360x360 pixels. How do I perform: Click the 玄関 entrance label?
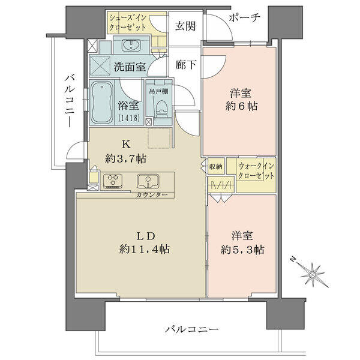click(x=185, y=26)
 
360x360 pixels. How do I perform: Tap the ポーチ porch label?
click(x=245, y=17)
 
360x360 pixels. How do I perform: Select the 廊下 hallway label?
click(x=185, y=65)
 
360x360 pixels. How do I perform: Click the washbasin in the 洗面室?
click(x=131, y=45)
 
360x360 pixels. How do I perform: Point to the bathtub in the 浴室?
click(x=102, y=103)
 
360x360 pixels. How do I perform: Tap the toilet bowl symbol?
click(x=161, y=109)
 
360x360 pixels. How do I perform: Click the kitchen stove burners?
click(x=113, y=181)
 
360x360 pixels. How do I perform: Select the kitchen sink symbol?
click(x=148, y=181)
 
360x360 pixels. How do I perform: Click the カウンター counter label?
click(x=152, y=195)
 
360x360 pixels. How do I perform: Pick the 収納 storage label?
click(x=215, y=166)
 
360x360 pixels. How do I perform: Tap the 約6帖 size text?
click(x=241, y=106)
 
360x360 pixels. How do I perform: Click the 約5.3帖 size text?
click(x=242, y=250)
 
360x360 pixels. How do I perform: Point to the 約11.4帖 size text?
click(x=145, y=249)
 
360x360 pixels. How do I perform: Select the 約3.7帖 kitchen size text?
click(x=125, y=158)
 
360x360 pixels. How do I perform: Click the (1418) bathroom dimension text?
click(x=129, y=118)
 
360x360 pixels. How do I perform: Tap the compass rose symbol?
click(x=313, y=273)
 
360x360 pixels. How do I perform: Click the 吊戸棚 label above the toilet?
click(x=158, y=91)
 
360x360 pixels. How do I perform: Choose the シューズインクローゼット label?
click(x=128, y=23)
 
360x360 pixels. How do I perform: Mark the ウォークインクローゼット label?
click(x=256, y=171)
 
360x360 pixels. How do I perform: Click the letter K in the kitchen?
click(x=126, y=144)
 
